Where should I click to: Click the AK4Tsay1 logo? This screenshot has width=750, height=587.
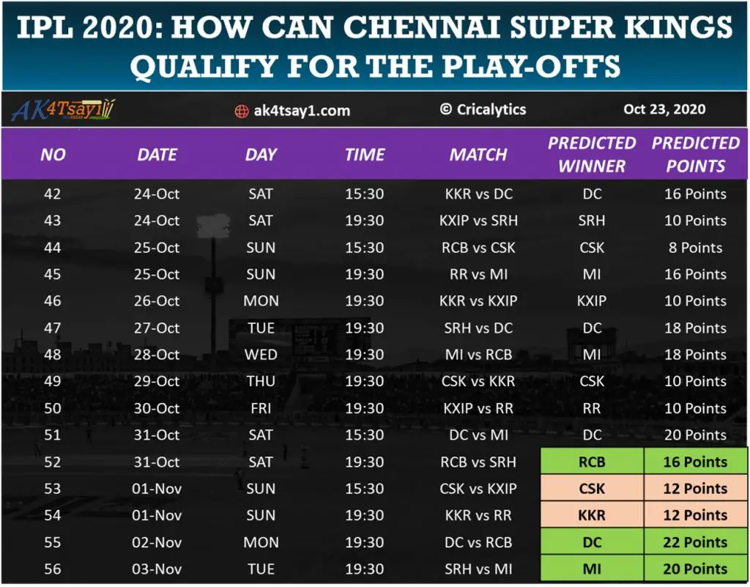64,110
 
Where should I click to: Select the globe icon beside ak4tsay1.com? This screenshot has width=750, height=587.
241,111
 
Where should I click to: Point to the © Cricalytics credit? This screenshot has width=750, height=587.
483,109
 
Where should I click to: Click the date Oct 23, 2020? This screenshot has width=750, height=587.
664,109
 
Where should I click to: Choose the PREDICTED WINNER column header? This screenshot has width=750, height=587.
592,154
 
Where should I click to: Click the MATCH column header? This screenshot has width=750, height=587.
478,155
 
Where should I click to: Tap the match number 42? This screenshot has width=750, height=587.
53,194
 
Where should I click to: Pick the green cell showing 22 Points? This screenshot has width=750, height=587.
696,542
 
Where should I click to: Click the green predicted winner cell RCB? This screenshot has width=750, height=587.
592,462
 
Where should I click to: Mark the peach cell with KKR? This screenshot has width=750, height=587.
592,515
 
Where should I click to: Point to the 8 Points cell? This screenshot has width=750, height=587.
695,248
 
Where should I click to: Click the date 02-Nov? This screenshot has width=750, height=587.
157,542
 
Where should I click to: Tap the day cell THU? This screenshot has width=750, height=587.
261,382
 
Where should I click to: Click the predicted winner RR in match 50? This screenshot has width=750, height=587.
592,408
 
